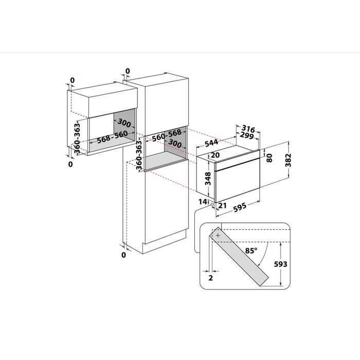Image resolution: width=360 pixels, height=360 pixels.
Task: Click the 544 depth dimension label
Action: coord(211,142)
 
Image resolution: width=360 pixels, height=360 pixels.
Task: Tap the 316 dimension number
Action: coord(248,129)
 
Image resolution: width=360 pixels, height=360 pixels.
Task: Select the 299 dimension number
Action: coord(247,135)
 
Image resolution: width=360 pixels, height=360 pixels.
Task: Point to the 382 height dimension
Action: coord(289,160)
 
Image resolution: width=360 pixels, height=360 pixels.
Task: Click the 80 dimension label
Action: coord(269,158)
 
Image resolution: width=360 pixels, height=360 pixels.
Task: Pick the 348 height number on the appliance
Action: coord(208,178)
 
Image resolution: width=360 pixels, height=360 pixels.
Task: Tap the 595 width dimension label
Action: coord(240,207)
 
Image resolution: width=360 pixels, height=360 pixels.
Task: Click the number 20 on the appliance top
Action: coord(215,155)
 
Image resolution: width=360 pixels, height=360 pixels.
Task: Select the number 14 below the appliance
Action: coord(203,202)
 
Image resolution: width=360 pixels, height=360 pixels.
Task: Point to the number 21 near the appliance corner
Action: coord(222,205)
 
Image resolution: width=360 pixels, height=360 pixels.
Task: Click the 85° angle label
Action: coord(251,250)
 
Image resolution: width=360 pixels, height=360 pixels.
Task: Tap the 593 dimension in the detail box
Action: coord(281,264)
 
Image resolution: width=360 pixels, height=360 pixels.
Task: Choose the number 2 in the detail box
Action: coord(211,278)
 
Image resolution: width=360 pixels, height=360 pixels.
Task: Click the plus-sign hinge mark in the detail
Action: coord(218,236)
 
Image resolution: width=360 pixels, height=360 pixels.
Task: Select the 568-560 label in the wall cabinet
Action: coord(112,137)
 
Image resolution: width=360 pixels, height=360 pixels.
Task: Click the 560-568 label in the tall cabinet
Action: coord(167,135)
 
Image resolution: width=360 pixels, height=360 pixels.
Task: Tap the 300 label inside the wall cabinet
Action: coord(124,123)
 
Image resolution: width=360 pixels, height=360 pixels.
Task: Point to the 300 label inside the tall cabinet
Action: coord(175,143)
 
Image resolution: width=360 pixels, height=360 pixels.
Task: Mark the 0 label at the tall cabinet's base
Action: coord(123,255)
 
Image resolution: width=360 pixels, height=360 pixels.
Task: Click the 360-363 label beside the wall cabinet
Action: coord(77,138)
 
